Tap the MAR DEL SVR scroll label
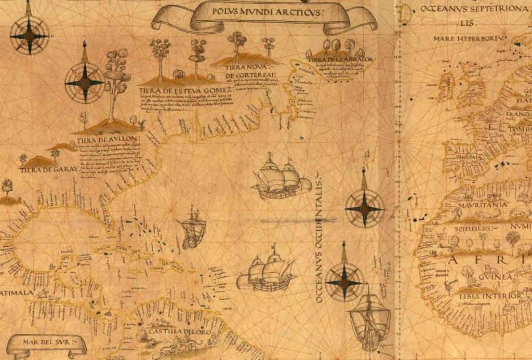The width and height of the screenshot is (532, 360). pos(47,342)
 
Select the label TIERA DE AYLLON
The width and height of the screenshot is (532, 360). pos(108,139)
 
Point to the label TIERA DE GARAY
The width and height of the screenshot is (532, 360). pos(49,169)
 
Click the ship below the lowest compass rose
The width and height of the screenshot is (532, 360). pos(369,317)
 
